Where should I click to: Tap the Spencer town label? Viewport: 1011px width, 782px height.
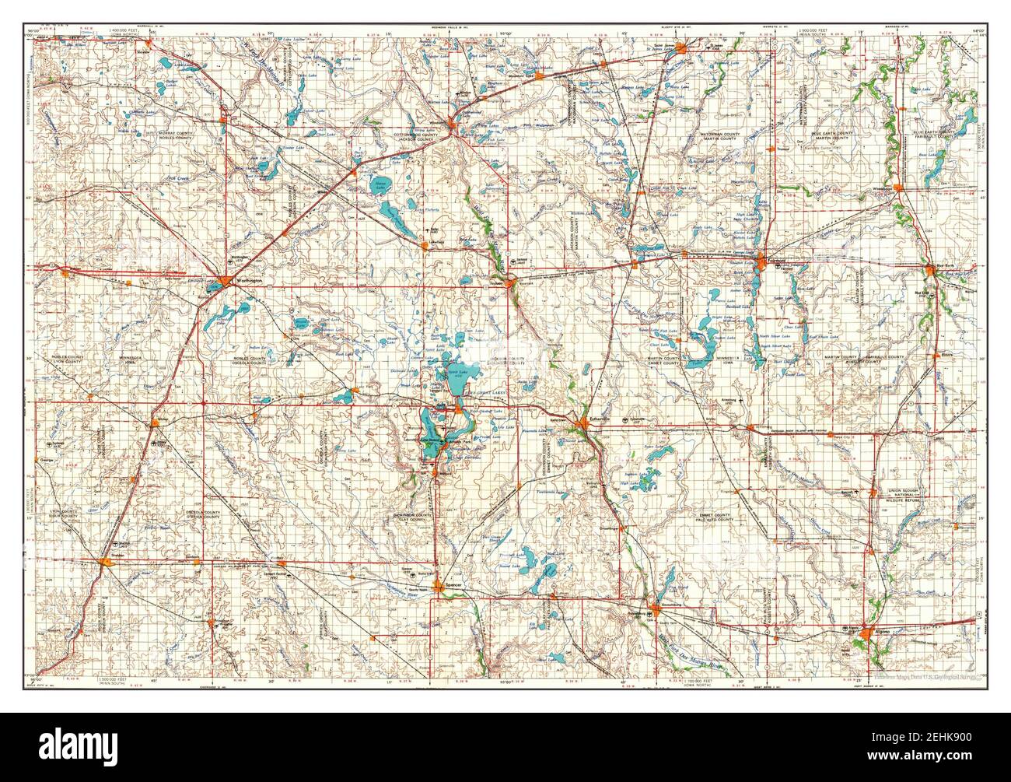point(456,591)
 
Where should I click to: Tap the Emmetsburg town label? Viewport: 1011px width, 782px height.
point(670,605)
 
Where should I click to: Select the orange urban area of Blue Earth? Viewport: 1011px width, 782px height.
point(930,270)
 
